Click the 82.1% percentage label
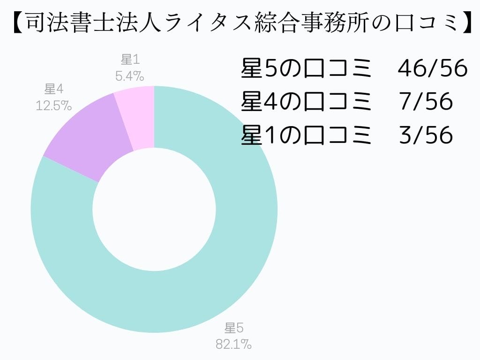(233, 345)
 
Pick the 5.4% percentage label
(129, 75)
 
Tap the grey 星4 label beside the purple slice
(54, 89)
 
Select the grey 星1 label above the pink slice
(130, 60)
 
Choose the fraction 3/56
(426, 135)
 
